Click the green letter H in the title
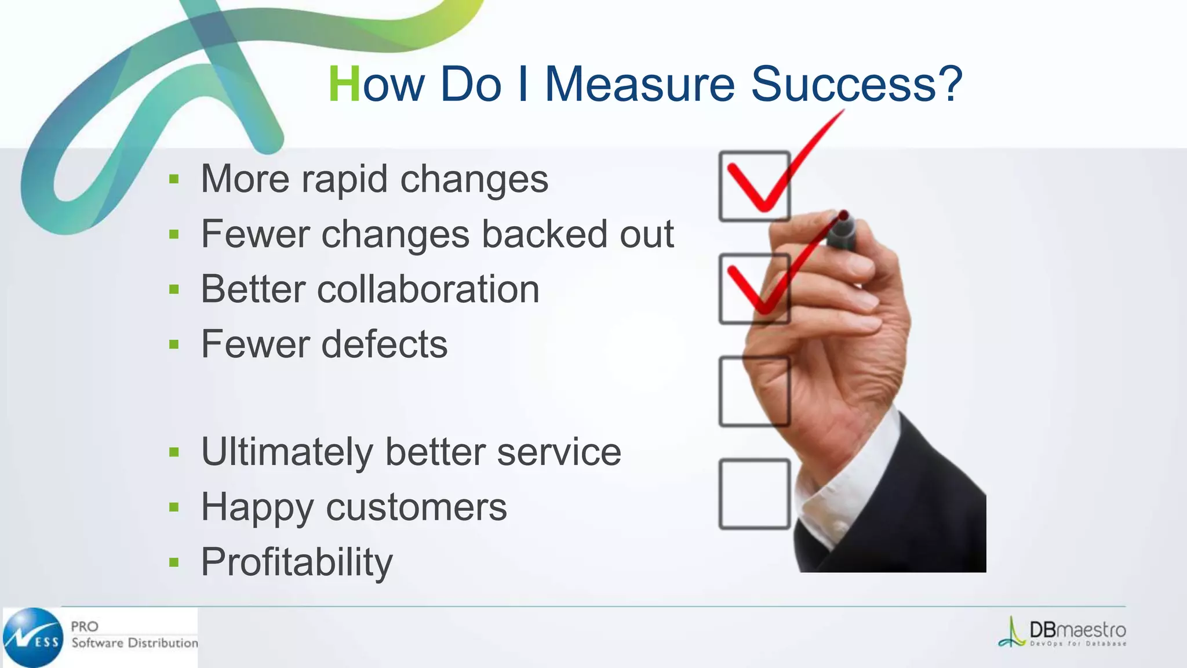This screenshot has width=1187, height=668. tap(344, 85)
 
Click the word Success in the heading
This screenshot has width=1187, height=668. tap(857, 85)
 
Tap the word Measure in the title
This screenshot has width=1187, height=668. tap(640, 85)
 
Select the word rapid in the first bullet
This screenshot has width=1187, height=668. tap(344, 179)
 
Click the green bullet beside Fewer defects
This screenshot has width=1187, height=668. tap(174, 345)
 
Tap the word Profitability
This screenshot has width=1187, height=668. tap(297, 562)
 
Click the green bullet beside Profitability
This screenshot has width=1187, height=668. tap(174, 562)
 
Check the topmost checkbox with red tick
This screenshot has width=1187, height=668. tap(753, 187)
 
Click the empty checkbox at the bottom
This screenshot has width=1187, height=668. tap(753, 494)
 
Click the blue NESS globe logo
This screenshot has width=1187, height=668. tap(34, 638)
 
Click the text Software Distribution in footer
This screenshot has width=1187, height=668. tap(134, 643)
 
